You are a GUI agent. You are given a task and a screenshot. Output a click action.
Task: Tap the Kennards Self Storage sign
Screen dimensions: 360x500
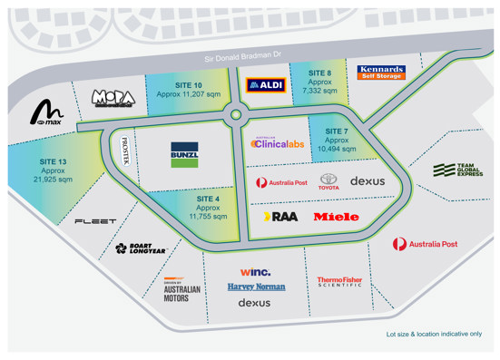coord(380,72)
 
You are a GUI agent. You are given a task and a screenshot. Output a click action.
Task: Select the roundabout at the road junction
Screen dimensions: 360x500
coord(237,115)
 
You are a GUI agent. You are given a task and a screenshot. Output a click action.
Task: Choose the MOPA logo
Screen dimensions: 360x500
coord(113,97)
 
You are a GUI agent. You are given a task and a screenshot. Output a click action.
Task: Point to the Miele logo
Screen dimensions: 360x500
coord(336,217)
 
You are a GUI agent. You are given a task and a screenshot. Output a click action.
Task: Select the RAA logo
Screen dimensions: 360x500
coord(279,217)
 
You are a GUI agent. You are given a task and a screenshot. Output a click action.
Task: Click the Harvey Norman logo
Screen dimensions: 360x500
coord(256,287)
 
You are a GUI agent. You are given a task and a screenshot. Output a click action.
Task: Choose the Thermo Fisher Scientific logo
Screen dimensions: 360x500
coord(339,283)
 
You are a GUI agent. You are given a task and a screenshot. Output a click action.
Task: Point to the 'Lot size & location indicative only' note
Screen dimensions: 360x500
coord(434,335)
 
